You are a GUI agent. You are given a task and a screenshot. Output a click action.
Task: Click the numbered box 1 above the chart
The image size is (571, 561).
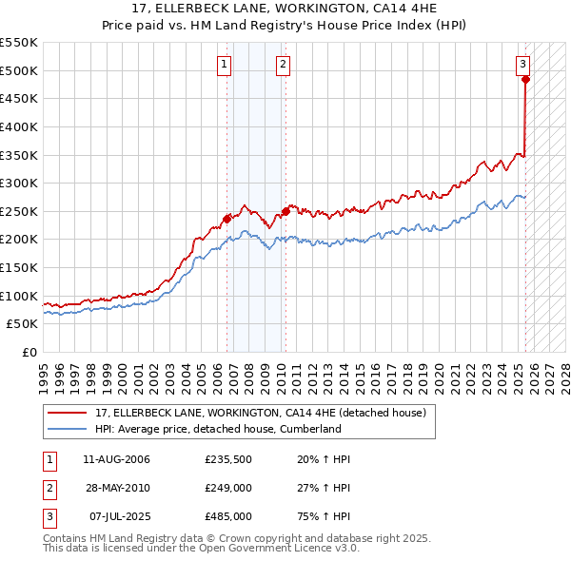coord(224,65)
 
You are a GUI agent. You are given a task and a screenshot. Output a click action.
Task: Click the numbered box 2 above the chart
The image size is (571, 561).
coord(284,65)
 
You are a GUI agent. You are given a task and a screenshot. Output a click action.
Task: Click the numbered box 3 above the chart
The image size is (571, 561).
coord(523,65)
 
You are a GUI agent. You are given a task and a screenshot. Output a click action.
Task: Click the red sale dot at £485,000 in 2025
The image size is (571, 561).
coord(525,80)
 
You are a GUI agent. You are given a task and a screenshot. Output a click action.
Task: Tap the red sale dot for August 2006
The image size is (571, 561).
coord(226,219)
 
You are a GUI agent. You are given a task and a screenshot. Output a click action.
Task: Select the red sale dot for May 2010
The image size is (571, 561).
coord(285,211)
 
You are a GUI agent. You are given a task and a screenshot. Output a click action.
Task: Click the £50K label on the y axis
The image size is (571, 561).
coord(22,323)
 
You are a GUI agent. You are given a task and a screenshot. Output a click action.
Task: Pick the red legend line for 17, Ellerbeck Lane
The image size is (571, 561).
coord(69,414)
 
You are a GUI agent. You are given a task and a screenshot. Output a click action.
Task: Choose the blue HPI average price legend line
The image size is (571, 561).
coord(69,429)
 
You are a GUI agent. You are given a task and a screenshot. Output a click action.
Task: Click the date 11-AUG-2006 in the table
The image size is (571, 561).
coord(116,459)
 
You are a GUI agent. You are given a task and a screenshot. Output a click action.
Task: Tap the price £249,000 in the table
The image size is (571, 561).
coord(227,488)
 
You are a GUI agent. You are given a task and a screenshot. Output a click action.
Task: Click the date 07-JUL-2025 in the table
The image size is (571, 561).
coord(116,516)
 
